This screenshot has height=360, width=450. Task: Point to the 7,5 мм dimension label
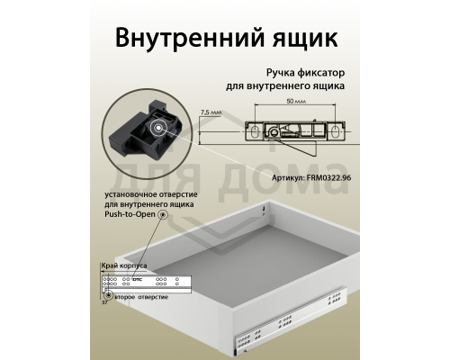coord(211,113)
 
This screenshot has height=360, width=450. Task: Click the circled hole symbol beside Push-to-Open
coord(163,216)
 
